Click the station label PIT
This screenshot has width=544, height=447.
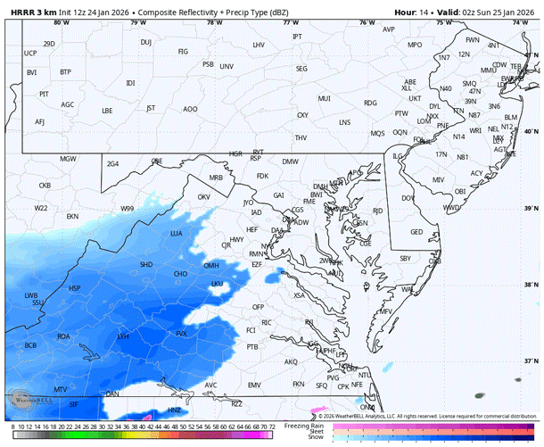[44, 94]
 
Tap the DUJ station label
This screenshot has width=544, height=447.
[145, 42]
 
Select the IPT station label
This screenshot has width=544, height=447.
[297, 36]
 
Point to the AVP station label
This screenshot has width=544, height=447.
[388, 29]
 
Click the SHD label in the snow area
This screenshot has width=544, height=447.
[146, 264]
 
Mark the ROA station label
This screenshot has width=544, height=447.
[63, 336]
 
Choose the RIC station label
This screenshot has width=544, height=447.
[266, 322]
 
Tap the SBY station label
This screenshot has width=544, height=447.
[405, 258]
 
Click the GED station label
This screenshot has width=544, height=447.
[416, 231]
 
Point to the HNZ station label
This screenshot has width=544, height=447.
[175, 410]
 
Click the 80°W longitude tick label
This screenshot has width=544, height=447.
[61, 21]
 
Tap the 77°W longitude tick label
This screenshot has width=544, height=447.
[291, 21]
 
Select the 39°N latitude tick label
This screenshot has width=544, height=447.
[532, 208]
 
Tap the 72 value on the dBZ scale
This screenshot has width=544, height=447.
[270, 428]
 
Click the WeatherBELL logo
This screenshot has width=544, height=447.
[28, 399]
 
